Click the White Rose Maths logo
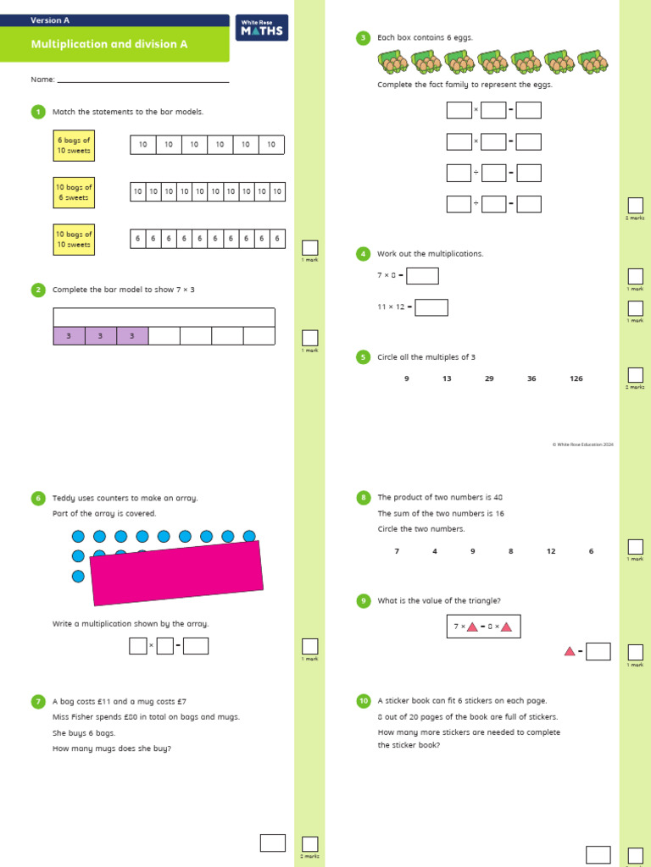tap(262, 28)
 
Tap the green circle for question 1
tap(37, 112)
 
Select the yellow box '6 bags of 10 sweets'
tap(74, 145)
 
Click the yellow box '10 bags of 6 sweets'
tap(74, 192)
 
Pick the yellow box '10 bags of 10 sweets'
tap(74, 240)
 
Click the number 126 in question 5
tap(576, 378)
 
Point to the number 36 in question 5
tap(531, 378)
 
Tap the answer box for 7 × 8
tap(423, 276)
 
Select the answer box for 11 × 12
tap(431, 307)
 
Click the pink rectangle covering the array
tap(176, 573)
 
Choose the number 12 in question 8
tap(551, 551)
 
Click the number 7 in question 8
tap(397, 551)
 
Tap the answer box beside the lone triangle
tap(598, 651)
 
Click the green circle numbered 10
tap(363, 701)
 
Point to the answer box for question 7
tap(272, 842)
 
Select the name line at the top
tap(142, 81)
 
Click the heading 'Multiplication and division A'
tap(109, 44)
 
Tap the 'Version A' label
tap(50, 19)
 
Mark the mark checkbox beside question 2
tap(310, 338)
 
